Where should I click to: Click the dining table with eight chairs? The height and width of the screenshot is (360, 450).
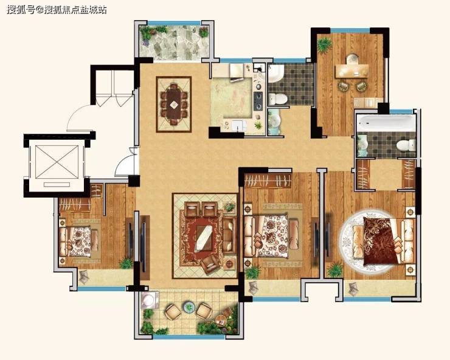point(174,104)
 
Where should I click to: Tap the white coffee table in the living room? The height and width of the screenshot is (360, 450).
point(204,238)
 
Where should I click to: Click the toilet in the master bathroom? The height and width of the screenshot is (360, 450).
point(406,145)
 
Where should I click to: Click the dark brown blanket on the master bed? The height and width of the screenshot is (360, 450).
point(379,241)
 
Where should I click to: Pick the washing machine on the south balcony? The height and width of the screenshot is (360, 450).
point(149,300)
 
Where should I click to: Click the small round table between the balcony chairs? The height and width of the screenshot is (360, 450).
point(189,307)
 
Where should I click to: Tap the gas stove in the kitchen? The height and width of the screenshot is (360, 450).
point(257,101)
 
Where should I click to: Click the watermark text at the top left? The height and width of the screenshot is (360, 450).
point(57,10)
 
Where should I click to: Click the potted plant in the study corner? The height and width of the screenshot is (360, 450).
point(325,45)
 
